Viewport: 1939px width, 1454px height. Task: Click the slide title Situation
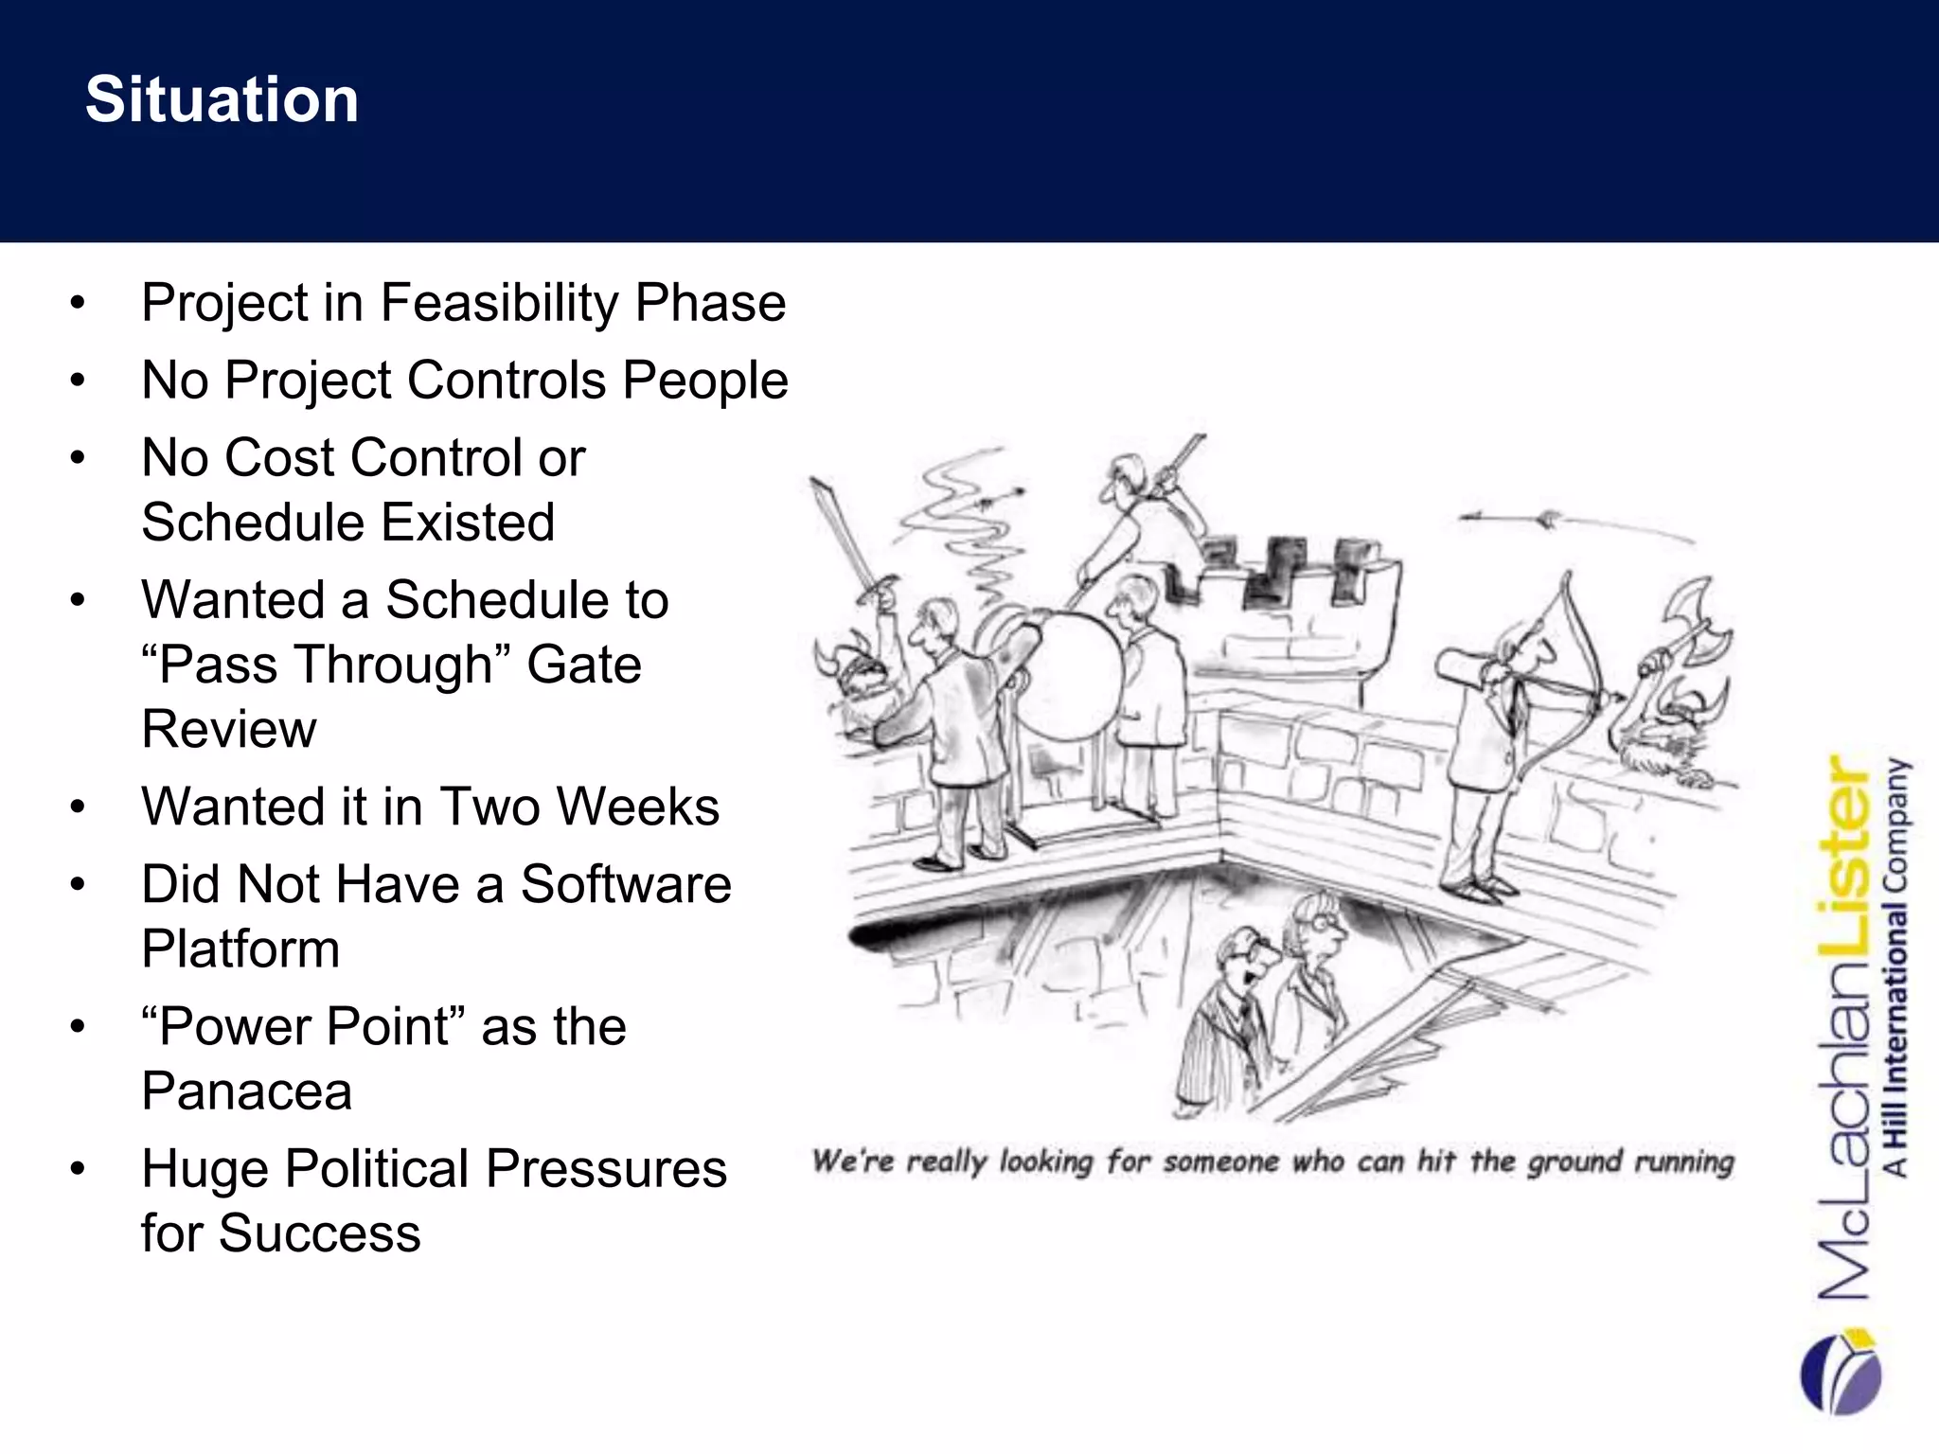[x=222, y=99]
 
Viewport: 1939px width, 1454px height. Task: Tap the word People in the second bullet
[x=705, y=381]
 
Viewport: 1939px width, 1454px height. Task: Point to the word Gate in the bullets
[x=584, y=665]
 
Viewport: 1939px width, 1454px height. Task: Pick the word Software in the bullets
[x=626, y=884]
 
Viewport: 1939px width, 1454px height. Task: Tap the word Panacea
[x=246, y=1091]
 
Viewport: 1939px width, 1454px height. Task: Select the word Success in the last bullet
[x=319, y=1233]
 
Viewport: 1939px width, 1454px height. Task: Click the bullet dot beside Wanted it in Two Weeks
[x=78, y=807]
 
